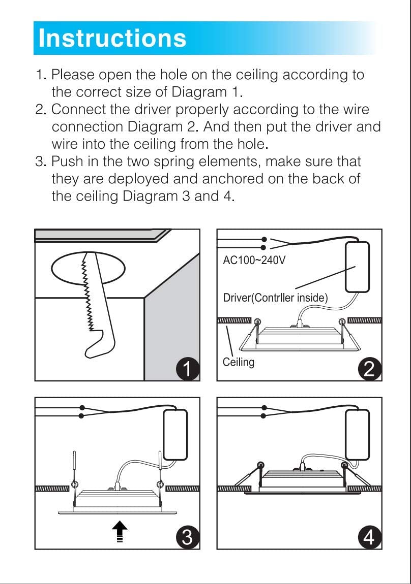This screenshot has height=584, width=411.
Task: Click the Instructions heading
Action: tap(112, 39)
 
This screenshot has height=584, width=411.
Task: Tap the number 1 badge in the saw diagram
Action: tap(189, 368)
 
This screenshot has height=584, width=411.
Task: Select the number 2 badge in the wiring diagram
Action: tap(370, 368)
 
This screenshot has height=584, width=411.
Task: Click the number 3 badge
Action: tap(188, 537)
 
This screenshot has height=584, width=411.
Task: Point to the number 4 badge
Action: tap(370, 537)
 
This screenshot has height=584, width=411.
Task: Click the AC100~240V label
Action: tap(254, 261)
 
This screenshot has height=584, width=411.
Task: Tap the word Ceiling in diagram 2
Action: tap(238, 362)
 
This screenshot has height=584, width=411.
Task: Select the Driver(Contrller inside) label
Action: tap(275, 298)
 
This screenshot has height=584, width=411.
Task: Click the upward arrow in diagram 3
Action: tap(120, 531)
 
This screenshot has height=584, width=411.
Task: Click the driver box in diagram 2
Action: tap(357, 267)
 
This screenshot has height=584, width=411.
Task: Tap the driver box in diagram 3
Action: tap(175, 434)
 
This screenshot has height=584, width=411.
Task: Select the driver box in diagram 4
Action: tap(357, 434)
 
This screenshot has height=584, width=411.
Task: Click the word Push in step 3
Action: tap(69, 162)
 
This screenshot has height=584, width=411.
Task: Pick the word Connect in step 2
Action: tap(79, 109)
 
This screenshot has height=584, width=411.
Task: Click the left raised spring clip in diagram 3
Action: tap(75, 467)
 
